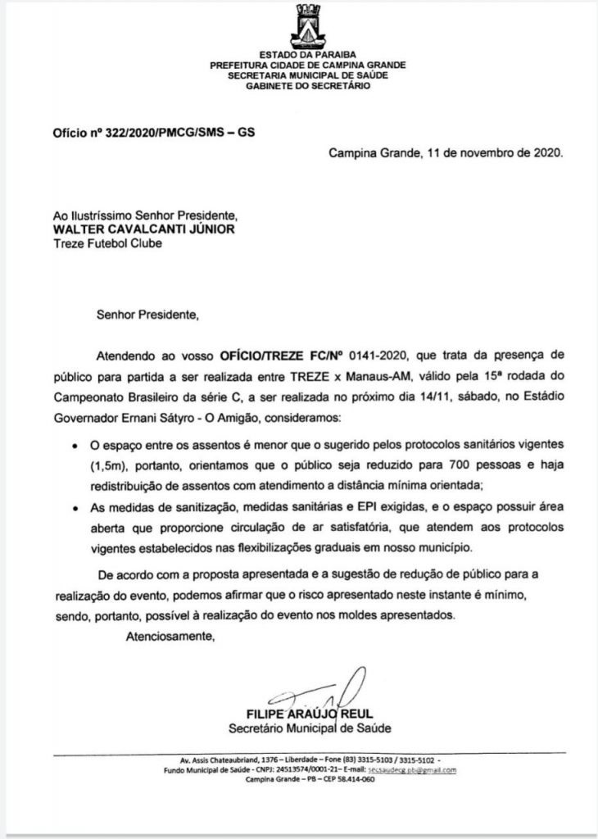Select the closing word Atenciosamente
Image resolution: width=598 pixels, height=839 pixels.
click(x=170, y=636)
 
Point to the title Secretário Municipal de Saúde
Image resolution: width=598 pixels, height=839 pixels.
click(x=310, y=727)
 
